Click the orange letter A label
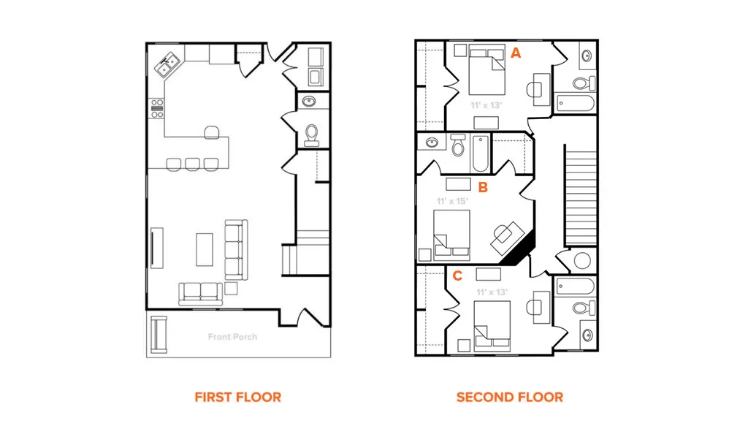click(x=516, y=53)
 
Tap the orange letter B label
click(x=483, y=188)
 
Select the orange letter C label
click(x=457, y=276)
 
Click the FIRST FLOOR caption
click(x=237, y=397)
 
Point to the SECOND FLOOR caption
click(x=509, y=397)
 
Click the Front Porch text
click(x=232, y=336)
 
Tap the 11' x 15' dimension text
click(x=451, y=201)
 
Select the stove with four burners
click(x=157, y=108)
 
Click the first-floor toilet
click(x=311, y=135)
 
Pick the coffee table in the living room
click(x=205, y=249)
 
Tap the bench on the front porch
click(x=159, y=335)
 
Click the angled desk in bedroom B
click(x=507, y=238)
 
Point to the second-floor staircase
click(x=581, y=194)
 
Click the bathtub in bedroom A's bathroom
click(x=576, y=103)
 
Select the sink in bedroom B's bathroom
click(x=432, y=143)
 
